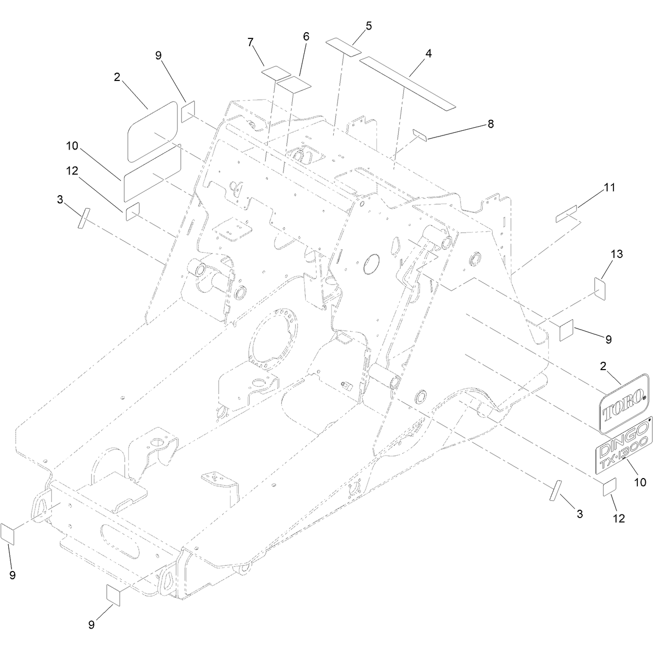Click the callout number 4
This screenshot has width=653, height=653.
tap(429, 53)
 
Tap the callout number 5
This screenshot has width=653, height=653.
tap(369, 26)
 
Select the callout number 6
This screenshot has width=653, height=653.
tap(306, 37)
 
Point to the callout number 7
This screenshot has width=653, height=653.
tap(250, 43)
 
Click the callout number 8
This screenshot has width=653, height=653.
tap(491, 124)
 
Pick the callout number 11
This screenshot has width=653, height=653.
tap(609, 187)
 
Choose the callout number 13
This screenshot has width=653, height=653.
tap(617, 254)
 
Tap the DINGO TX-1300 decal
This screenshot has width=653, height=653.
tap(624, 450)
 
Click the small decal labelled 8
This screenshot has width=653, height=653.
tap(420, 134)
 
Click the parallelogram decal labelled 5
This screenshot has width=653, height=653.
tap(343, 47)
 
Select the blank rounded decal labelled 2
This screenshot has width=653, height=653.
tap(152, 131)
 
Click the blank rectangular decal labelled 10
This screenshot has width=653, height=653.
tap(153, 173)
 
